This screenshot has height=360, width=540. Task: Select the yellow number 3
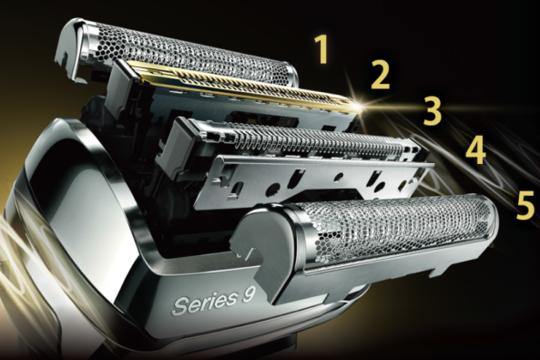pos(433,110)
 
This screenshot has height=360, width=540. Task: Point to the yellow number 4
pos(476,149)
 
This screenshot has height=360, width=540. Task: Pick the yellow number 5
pos(525,205)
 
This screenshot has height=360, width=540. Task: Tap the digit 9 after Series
pos(249,295)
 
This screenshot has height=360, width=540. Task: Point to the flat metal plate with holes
pos(310,180)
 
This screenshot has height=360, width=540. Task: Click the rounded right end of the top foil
pos(290,74)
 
